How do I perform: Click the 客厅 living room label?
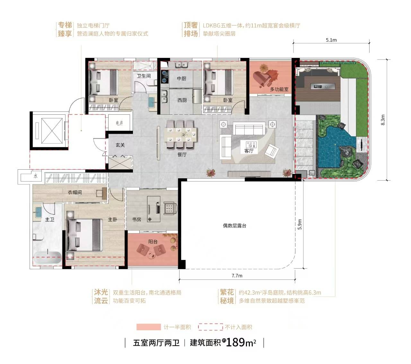(249, 151)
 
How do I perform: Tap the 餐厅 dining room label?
(182, 155)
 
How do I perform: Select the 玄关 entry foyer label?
(120, 145)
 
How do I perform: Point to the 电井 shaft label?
(119, 123)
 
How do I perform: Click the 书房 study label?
(136, 219)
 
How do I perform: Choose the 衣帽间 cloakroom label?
(75, 192)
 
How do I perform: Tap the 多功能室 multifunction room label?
(279, 89)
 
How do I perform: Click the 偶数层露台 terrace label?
(234, 226)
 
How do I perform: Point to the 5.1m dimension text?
(331, 40)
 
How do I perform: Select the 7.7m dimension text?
(237, 275)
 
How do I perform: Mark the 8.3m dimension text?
(383, 120)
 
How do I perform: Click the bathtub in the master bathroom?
(47, 257)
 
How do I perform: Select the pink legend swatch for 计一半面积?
(148, 327)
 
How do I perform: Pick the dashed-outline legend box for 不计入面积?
(210, 327)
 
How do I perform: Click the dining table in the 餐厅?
(181, 134)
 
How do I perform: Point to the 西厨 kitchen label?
(182, 100)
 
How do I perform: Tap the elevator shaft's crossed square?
(52, 131)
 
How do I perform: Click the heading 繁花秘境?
(227, 297)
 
